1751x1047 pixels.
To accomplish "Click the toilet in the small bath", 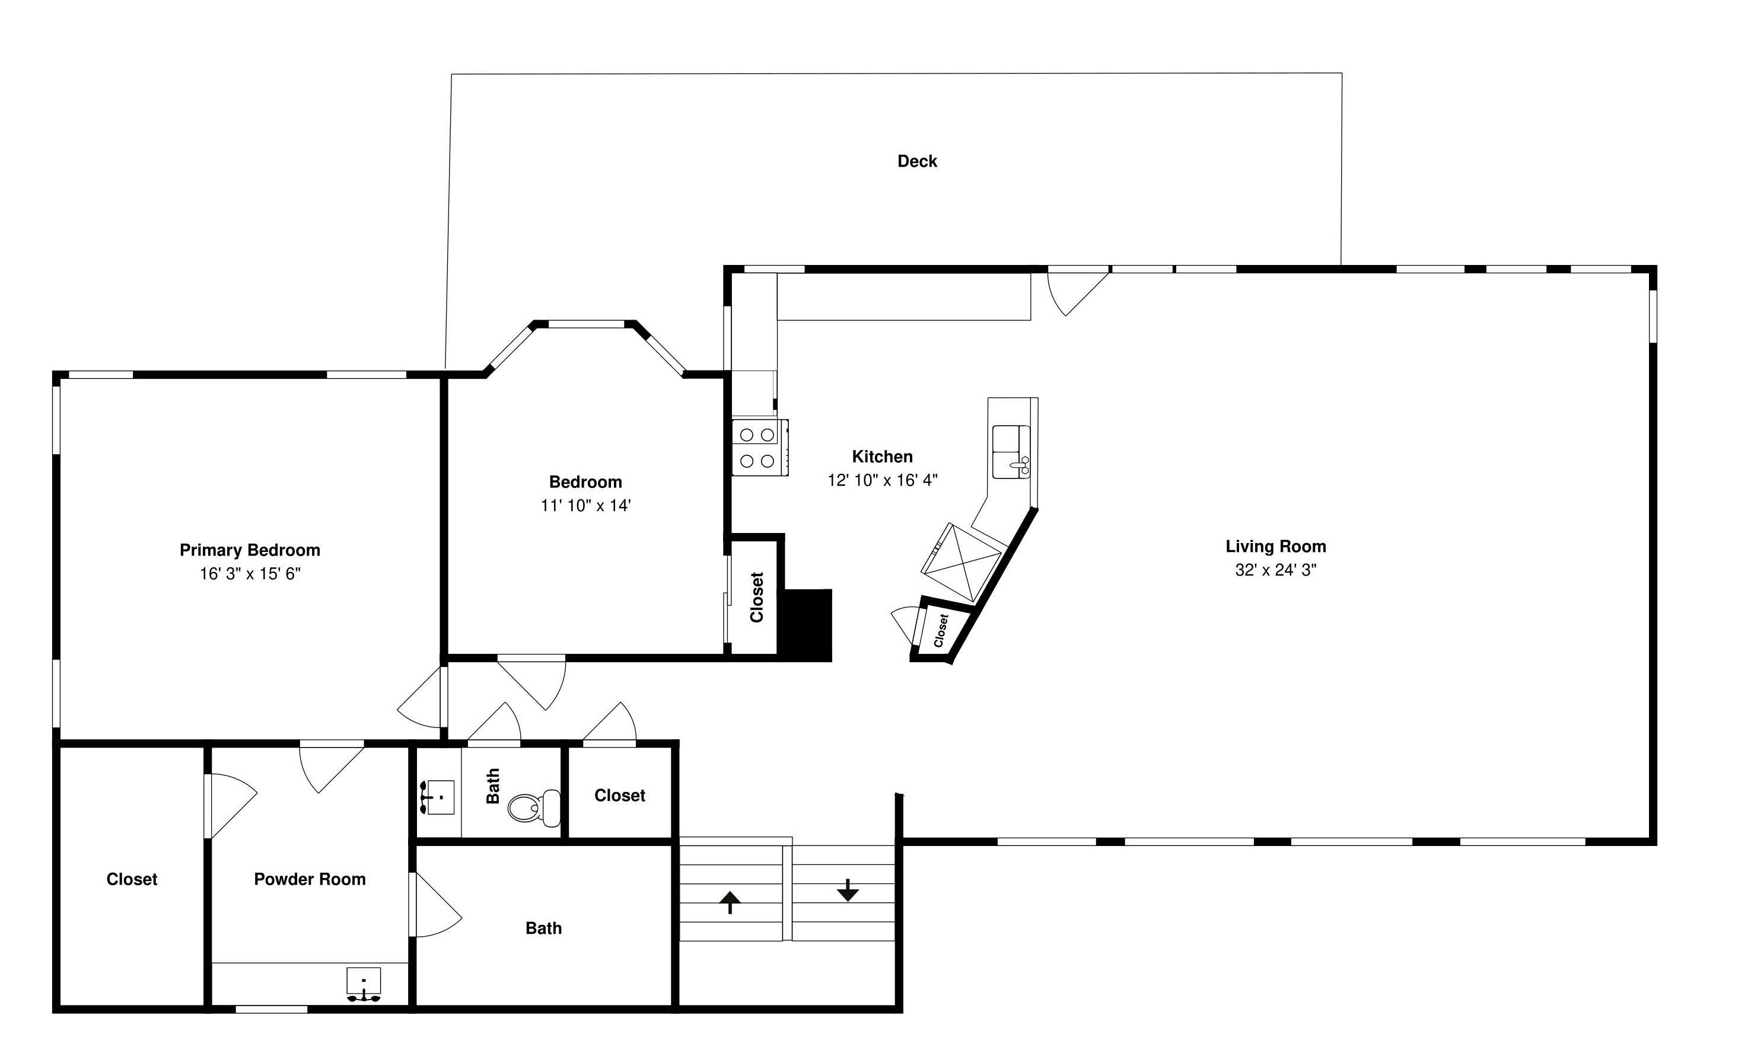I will pos(530,807).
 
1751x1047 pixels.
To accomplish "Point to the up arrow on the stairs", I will pos(730,901).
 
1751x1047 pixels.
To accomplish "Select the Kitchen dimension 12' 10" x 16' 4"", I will pos(882,480).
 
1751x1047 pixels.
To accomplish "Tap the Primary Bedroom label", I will pos(250,550).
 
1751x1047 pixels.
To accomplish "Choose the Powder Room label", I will pos(310,879).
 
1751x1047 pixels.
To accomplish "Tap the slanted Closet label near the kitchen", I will pos(940,630).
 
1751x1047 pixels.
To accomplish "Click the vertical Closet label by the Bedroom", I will pos(757,597).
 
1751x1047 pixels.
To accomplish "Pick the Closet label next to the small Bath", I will pos(620,795).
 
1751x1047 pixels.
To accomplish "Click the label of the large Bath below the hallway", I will pos(543,928).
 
